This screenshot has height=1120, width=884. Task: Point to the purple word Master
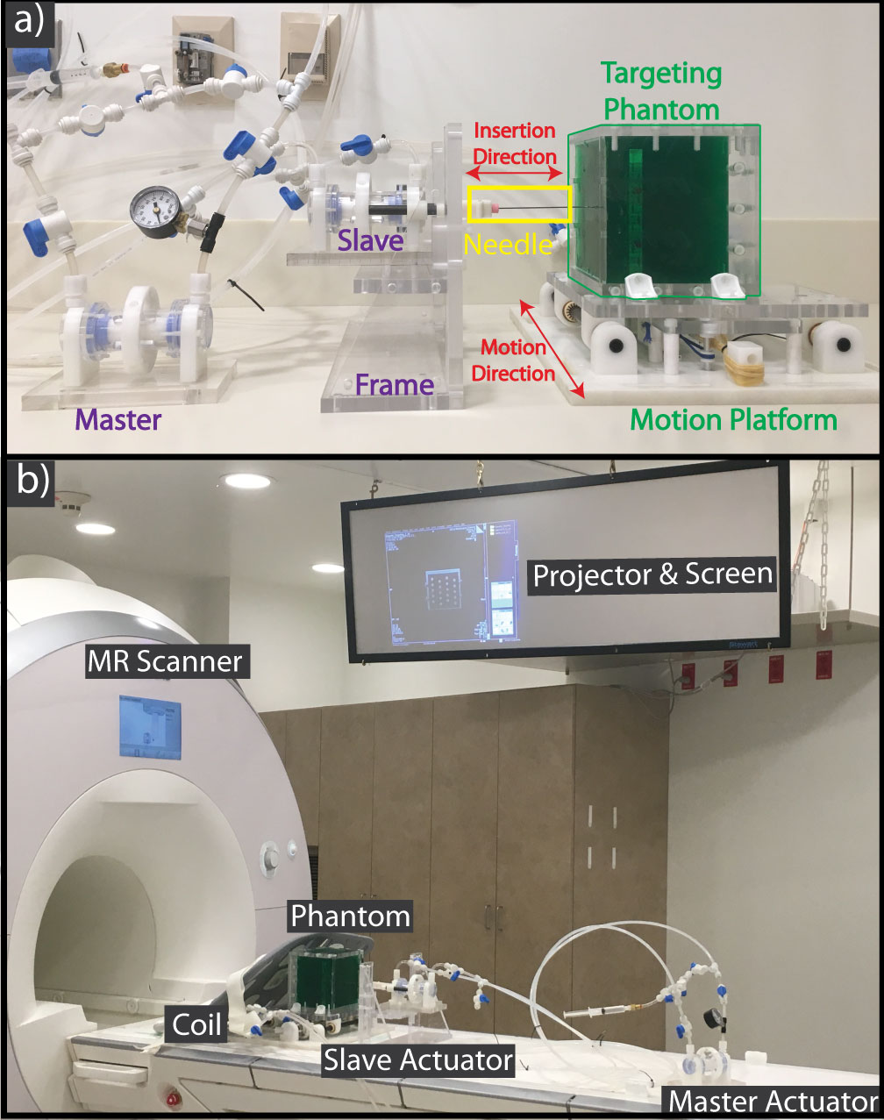click(119, 419)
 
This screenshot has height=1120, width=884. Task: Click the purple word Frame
click(395, 384)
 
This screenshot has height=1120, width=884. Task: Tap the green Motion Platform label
click(734, 419)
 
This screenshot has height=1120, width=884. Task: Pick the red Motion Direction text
click(514, 360)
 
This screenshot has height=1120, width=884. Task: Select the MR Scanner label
click(164, 660)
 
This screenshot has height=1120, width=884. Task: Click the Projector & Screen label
click(653, 574)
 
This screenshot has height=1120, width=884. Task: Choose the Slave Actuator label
click(418, 1059)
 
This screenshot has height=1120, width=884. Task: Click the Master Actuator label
click(773, 1101)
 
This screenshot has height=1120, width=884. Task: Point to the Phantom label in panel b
click(350, 917)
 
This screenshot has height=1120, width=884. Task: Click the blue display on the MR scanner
click(149, 727)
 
